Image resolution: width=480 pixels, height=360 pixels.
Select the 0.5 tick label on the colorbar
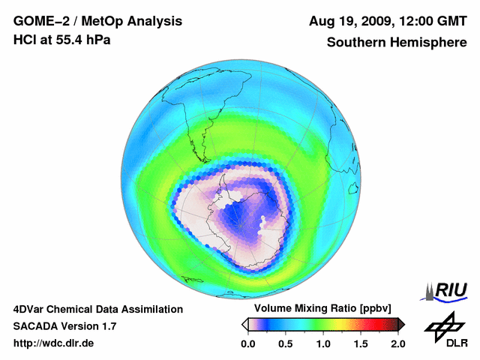click(x=285, y=343)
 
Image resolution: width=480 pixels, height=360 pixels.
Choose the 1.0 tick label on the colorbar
click(x=323, y=343)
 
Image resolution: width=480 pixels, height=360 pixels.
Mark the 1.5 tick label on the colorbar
click(x=361, y=343)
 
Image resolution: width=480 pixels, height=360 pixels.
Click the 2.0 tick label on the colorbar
click(x=397, y=343)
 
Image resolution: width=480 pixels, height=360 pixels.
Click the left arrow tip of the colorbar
click(x=244, y=323)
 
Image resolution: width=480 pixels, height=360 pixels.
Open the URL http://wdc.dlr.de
click(x=54, y=343)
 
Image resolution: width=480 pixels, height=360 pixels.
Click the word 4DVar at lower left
click(x=30, y=309)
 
